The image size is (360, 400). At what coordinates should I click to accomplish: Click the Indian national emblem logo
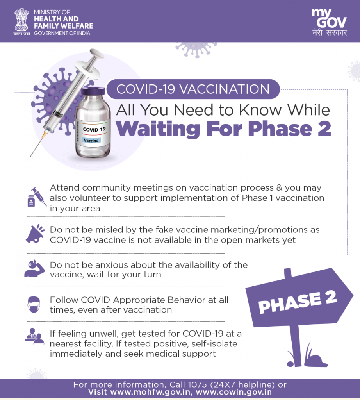tap(21, 22)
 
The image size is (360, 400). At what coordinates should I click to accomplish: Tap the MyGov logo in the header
tap(329, 22)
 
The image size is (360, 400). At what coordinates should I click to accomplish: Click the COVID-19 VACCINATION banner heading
tap(193, 89)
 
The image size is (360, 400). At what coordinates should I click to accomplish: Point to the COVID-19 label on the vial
tap(94, 129)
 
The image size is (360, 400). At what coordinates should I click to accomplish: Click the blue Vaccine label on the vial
tap(91, 140)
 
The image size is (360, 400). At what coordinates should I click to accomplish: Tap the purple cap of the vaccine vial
tap(93, 91)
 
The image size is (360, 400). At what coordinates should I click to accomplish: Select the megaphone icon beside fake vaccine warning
tap(35, 234)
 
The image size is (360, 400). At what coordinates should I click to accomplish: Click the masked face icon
tap(34, 305)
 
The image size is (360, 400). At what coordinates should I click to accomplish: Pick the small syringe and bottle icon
tap(37, 197)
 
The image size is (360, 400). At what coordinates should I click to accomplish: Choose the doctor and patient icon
tap(34, 336)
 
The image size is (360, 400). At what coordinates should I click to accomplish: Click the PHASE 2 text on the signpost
tap(297, 302)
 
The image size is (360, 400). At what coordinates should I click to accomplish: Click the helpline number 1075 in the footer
tap(197, 384)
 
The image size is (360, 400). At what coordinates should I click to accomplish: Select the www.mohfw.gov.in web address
tap(151, 392)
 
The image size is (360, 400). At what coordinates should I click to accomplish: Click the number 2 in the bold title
tap(324, 129)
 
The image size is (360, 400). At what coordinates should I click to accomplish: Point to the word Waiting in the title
tap(158, 129)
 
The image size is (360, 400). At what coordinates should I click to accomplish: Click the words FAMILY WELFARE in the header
tap(64, 26)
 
